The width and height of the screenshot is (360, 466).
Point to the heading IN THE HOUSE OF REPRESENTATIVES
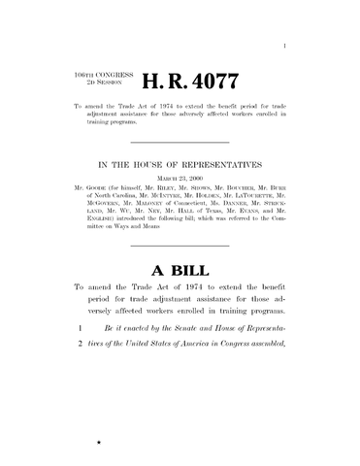(180, 168)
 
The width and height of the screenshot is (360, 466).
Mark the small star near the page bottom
(98, 442)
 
